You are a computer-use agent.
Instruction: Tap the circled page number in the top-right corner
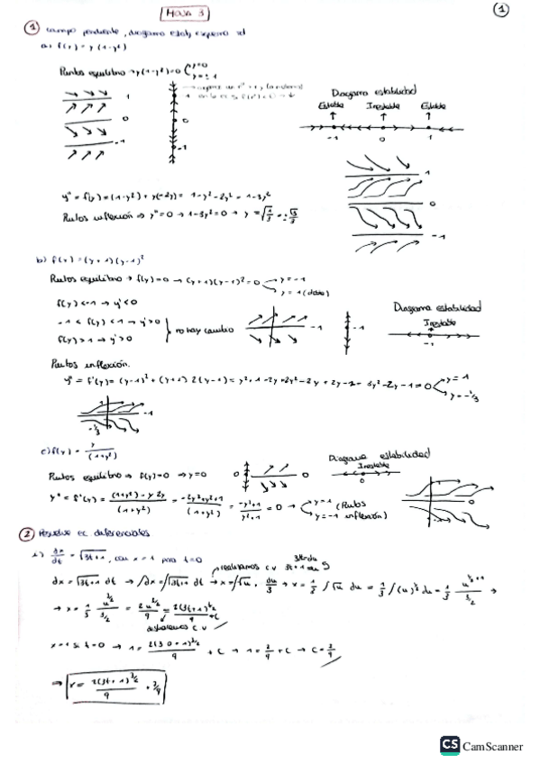[502, 11]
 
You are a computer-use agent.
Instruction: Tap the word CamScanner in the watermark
[494, 745]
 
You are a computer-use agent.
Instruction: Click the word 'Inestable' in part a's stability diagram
[383, 106]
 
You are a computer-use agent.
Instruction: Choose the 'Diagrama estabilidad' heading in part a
[373, 91]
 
